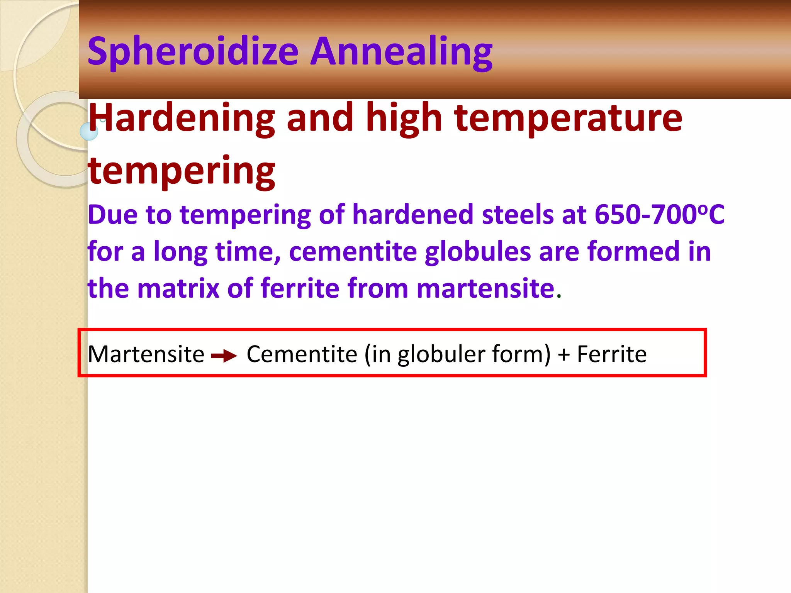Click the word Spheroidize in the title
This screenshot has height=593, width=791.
coord(193,52)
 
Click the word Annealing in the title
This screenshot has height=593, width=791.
coord(402,52)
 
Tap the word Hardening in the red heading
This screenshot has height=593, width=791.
coord(182,118)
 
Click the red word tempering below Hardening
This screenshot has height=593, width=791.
coord(182,170)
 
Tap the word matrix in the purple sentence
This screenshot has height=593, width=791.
coord(178,288)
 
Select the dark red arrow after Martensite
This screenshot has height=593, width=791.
coord(224,355)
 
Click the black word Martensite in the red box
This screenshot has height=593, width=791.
coord(146,354)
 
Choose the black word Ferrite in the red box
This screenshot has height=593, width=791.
coord(612,354)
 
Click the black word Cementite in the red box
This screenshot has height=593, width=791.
coord(302,354)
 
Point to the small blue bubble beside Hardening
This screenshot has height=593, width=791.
coord(89,131)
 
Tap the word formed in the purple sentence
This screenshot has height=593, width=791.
coord(633,252)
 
